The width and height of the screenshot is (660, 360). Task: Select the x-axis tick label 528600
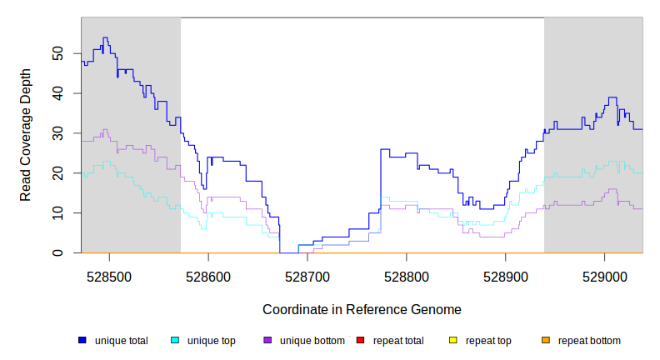(x=208, y=276)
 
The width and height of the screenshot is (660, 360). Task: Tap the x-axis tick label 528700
(x=307, y=276)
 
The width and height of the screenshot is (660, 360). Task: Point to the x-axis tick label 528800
(x=407, y=276)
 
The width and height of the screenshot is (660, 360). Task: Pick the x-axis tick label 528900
(x=506, y=276)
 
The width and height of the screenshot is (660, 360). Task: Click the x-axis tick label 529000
(x=605, y=276)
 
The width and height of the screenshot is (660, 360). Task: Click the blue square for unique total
(x=82, y=340)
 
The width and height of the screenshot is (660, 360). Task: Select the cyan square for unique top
(x=175, y=340)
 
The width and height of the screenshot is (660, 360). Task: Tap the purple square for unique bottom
(x=267, y=340)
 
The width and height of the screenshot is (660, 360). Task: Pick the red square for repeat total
(x=360, y=340)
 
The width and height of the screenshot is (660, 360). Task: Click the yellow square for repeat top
(x=452, y=340)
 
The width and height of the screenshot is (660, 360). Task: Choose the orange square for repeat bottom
(x=545, y=340)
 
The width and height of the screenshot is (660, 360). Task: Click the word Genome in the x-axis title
(x=436, y=309)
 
